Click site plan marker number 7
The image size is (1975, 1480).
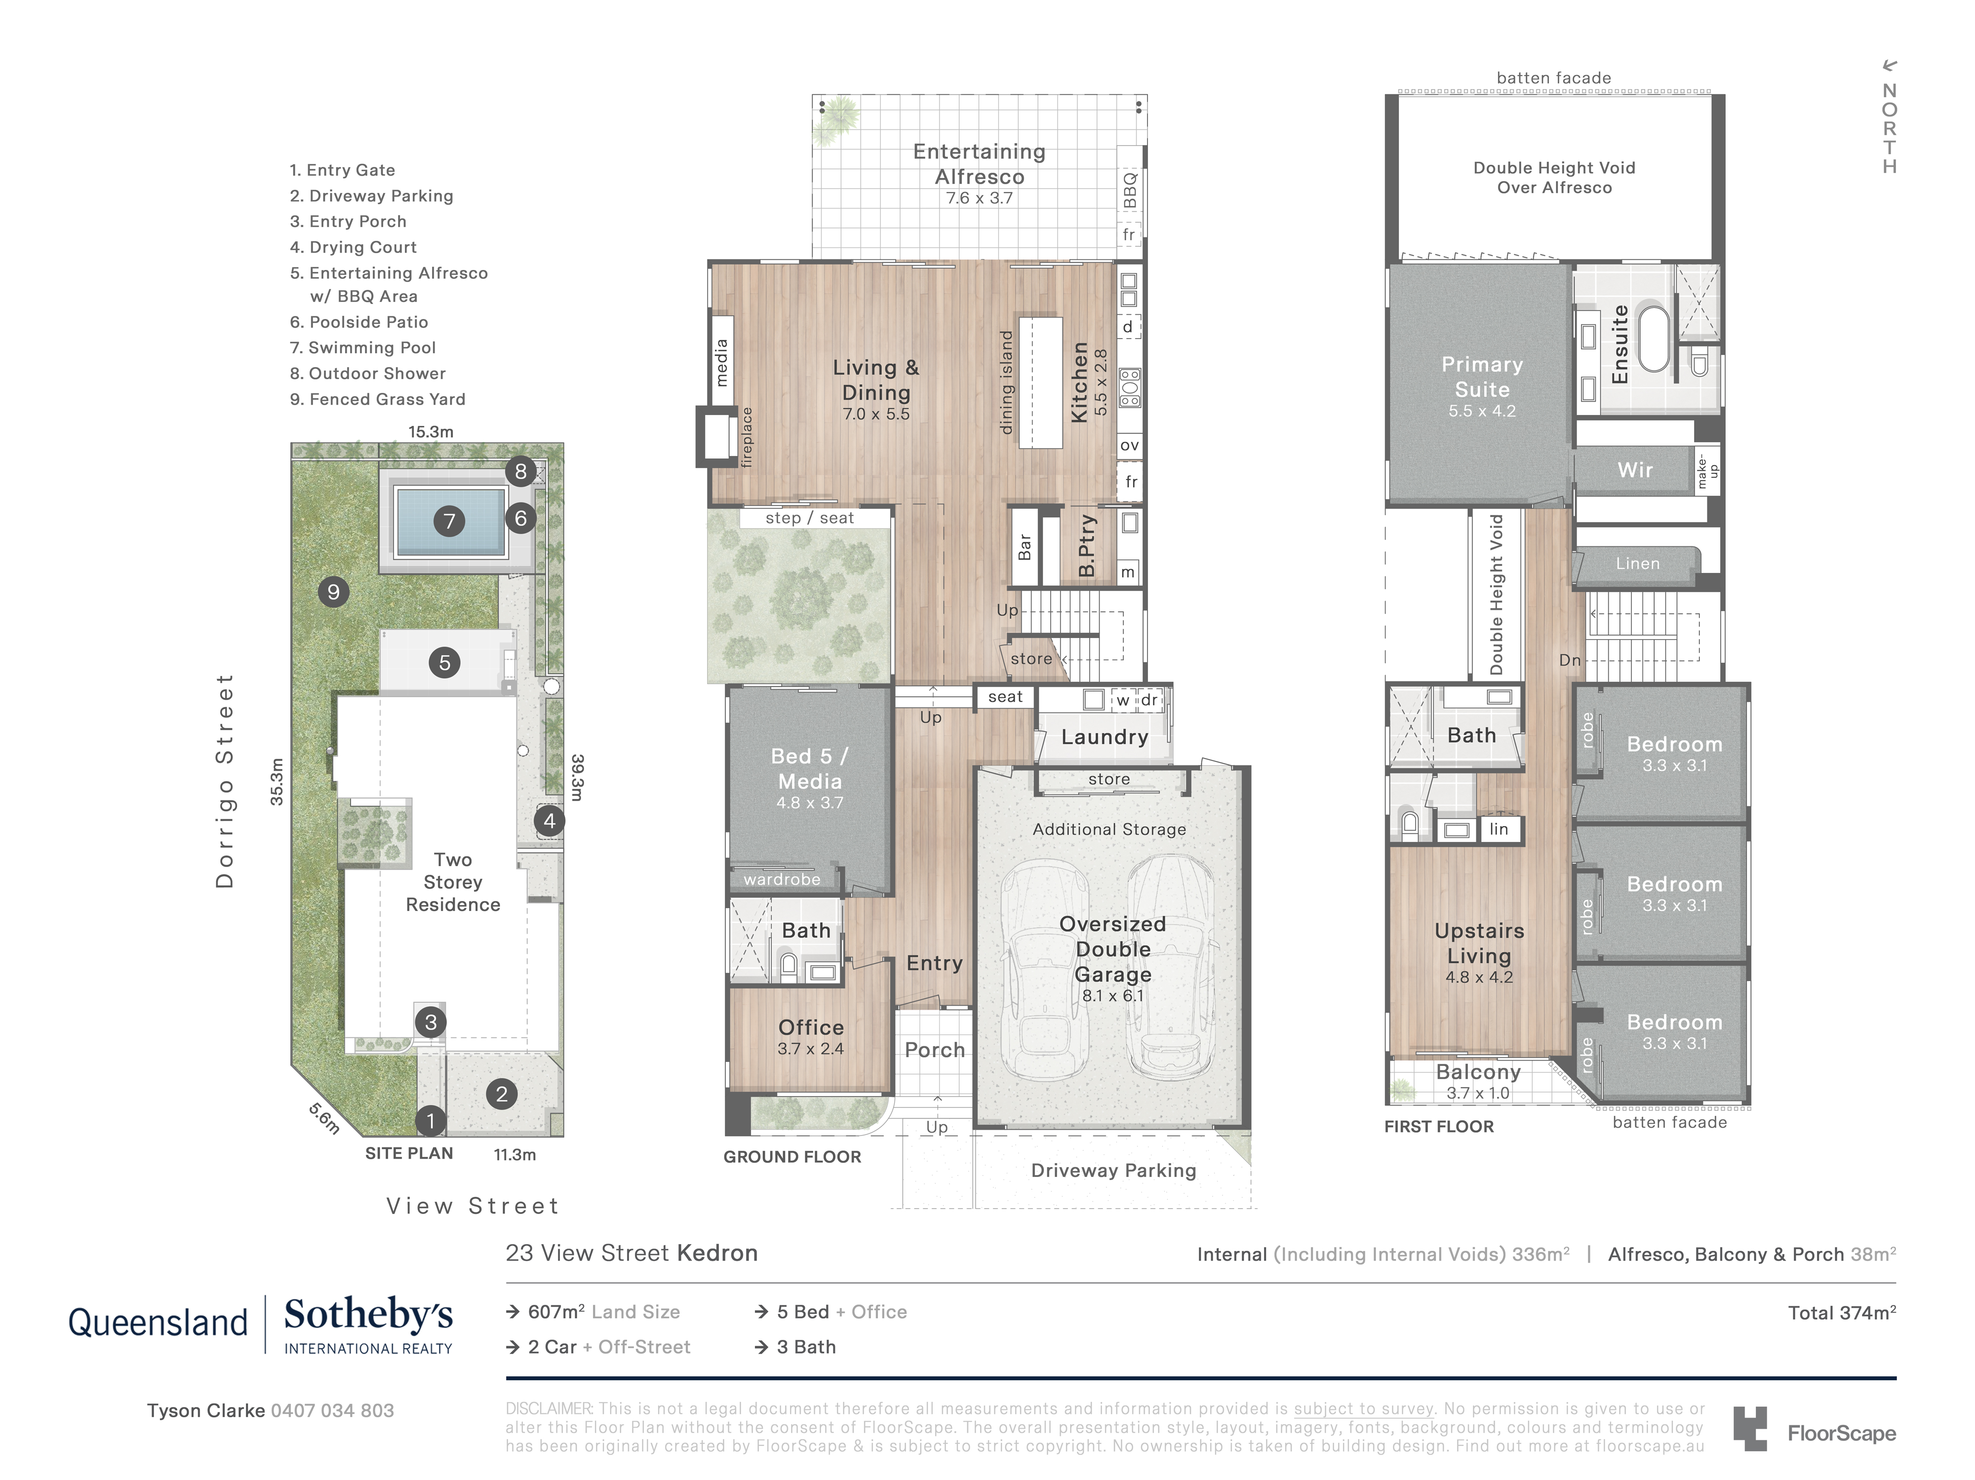click(449, 521)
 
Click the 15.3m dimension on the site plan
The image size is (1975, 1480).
click(431, 432)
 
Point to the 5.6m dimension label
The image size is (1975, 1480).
click(324, 1118)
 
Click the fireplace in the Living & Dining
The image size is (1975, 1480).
click(714, 437)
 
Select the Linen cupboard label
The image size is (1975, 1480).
click(1637, 563)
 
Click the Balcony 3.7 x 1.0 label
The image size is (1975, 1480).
click(1478, 1081)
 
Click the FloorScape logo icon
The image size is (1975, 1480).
click(1750, 1428)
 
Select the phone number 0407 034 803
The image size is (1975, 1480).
click(332, 1410)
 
